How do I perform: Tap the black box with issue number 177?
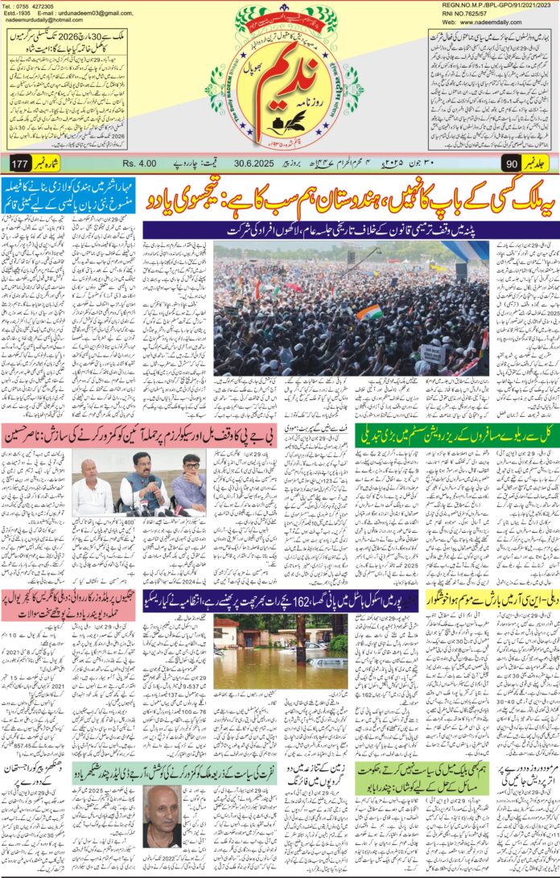click(20, 164)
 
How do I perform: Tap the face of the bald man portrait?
click(162, 813)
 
